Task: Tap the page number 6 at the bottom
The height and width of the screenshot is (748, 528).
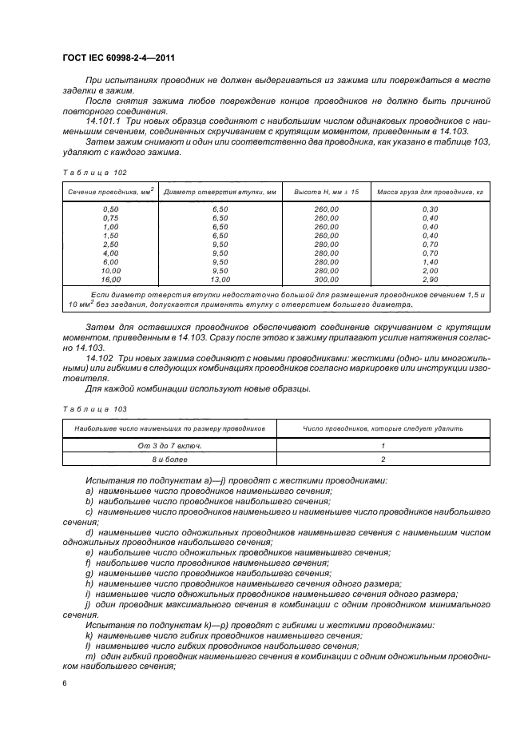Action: click(x=64, y=683)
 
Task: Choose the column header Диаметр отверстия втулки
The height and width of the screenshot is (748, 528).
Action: click(x=220, y=193)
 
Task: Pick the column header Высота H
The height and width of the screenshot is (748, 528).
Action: click(x=327, y=193)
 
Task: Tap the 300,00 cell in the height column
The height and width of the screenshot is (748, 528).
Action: click(x=327, y=280)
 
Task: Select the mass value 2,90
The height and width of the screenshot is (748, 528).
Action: click(x=431, y=280)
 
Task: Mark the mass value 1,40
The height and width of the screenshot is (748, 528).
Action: click(x=431, y=262)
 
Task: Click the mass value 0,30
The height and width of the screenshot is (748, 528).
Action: click(x=431, y=209)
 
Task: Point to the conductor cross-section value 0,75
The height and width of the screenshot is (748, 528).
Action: click(x=111, y=217)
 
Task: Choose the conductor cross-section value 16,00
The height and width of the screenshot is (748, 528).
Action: click(x=111, y=280)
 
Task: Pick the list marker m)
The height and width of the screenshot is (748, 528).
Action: click(x=89, y=656)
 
